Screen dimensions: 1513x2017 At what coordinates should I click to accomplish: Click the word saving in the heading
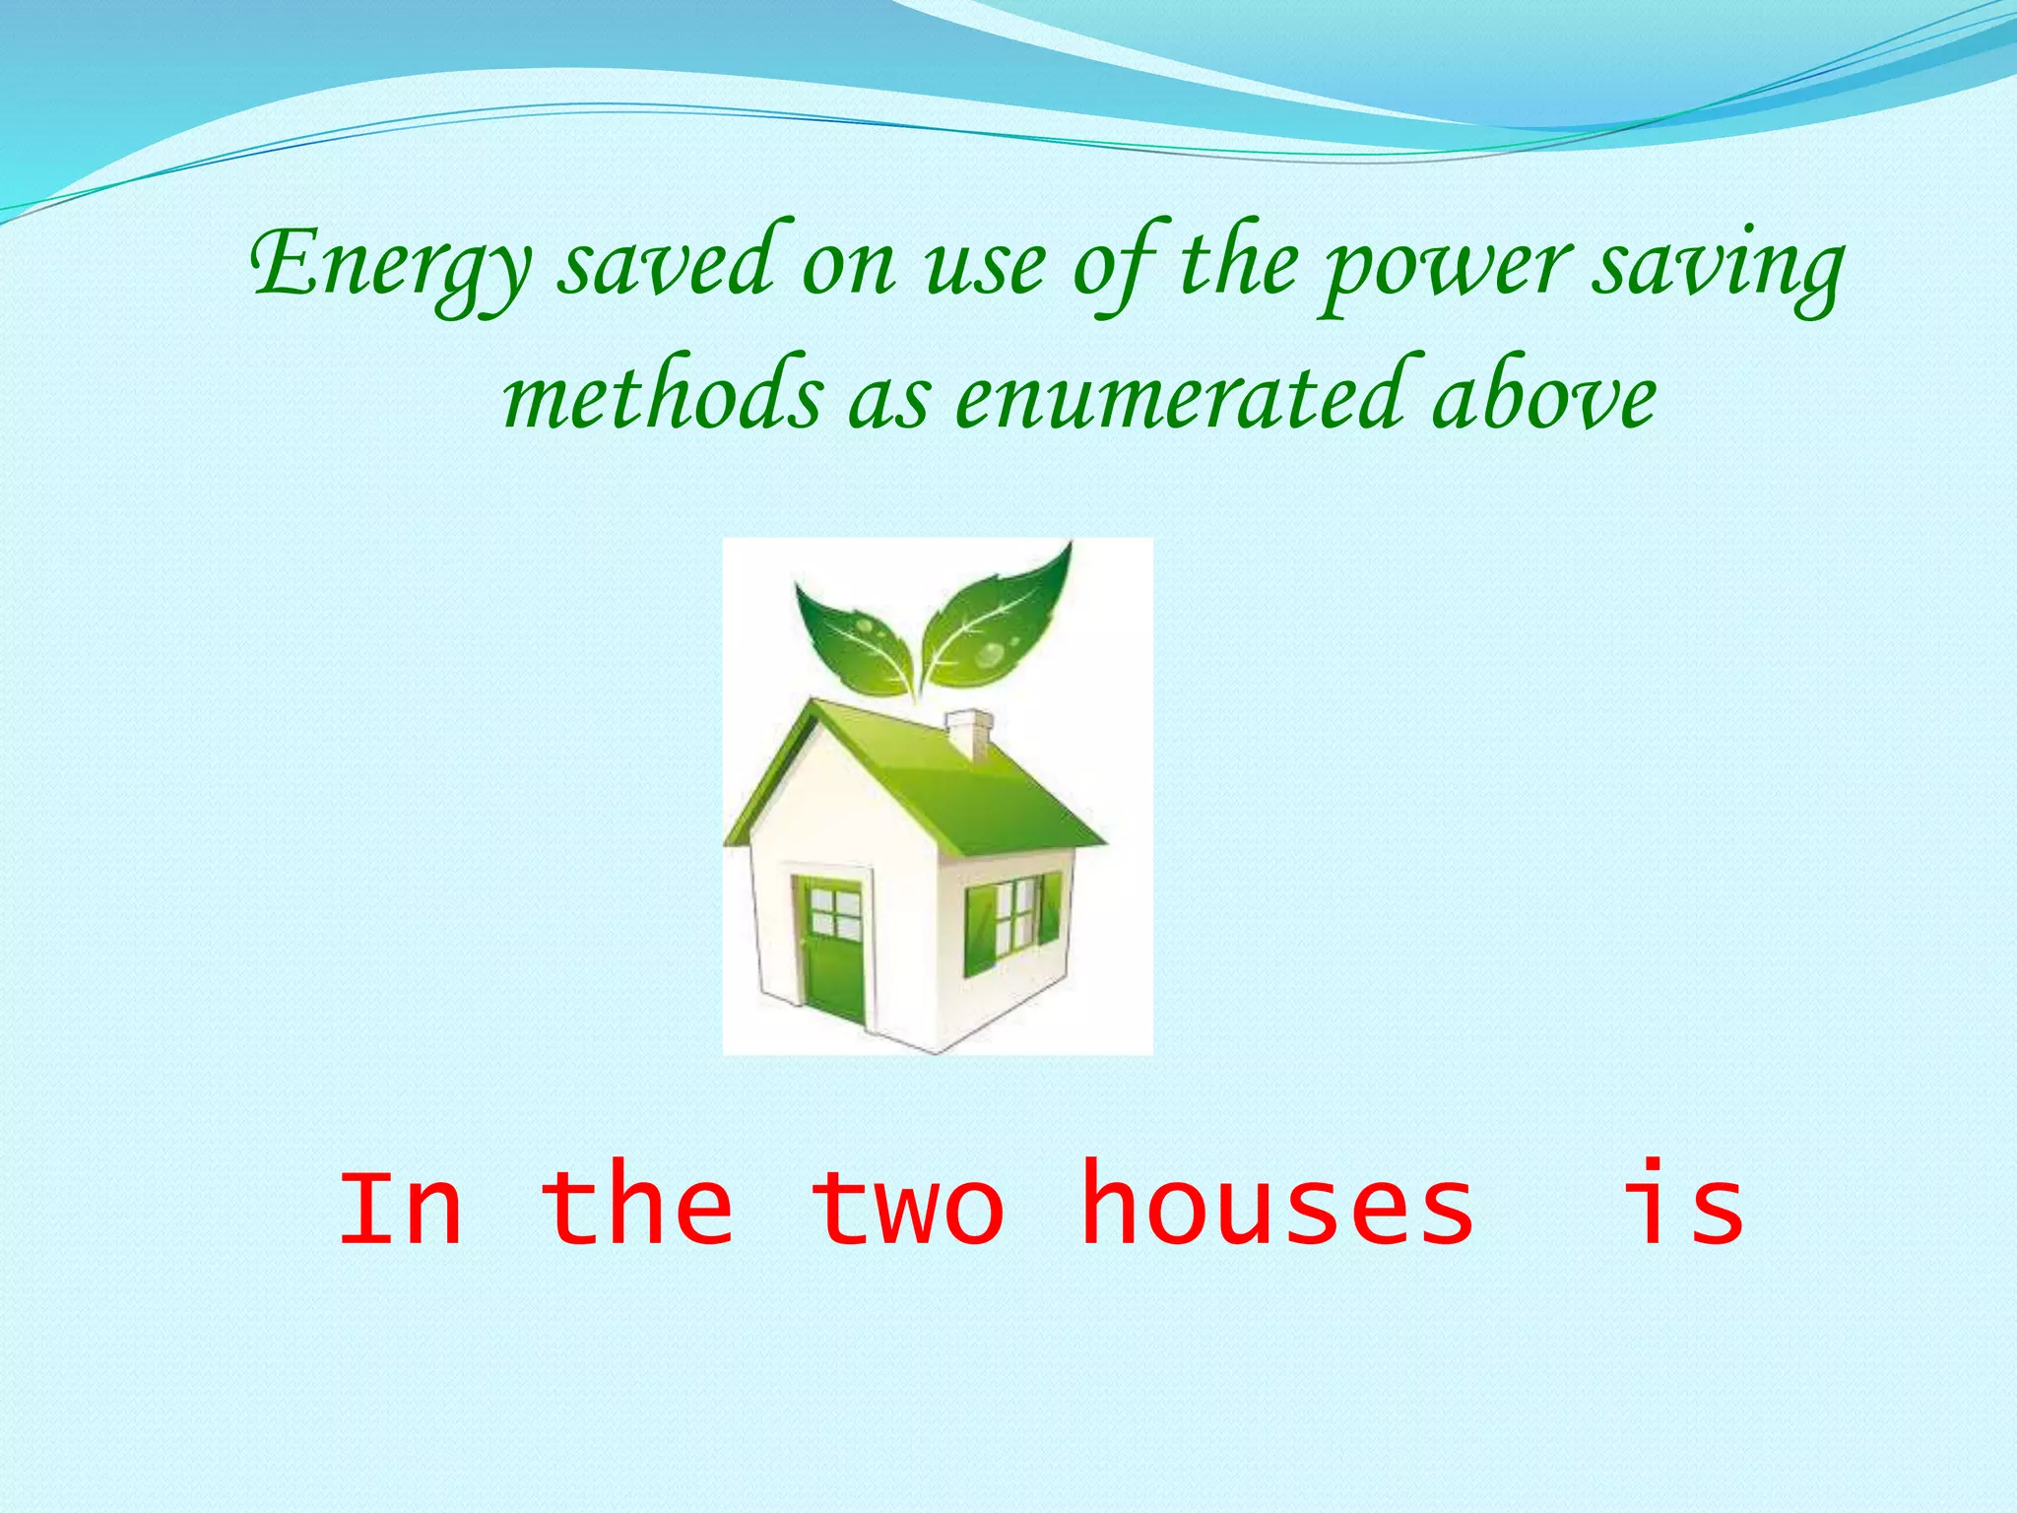click(x=1718, y=266)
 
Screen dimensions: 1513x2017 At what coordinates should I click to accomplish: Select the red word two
click(x=907, y=1208)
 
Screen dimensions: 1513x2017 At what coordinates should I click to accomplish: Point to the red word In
click(x=400, y=1206)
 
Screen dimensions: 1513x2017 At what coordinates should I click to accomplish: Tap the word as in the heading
click(x=888, y=400)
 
